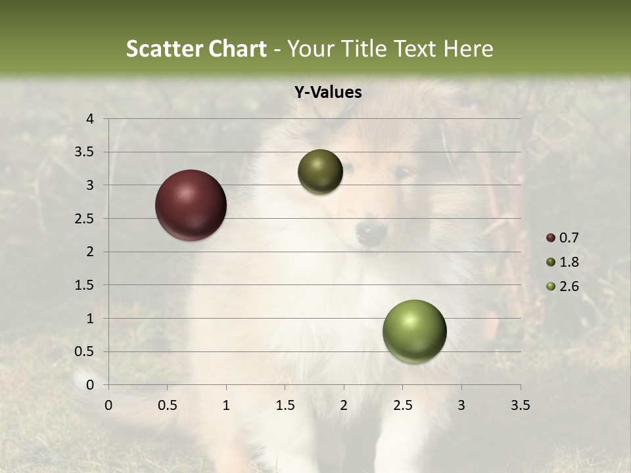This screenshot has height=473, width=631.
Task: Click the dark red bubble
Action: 191,205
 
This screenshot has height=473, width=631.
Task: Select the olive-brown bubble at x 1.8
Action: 320,171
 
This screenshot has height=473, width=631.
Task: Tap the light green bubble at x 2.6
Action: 414,331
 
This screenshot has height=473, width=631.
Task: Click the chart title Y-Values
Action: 327,93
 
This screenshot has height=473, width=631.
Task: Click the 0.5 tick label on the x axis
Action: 167,405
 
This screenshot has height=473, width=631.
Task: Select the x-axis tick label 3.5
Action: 520,405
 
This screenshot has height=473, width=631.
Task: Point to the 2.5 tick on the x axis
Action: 402,405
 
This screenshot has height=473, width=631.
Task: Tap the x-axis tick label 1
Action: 226,405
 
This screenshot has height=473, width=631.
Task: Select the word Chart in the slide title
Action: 237,49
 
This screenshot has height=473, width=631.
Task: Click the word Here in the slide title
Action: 468,49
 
